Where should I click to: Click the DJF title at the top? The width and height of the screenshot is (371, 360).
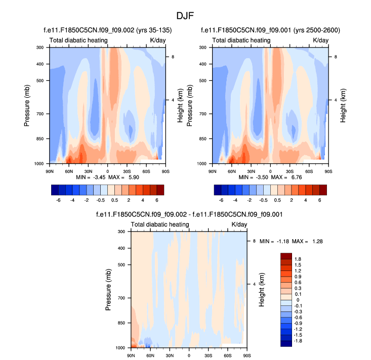click(x=185, y=15)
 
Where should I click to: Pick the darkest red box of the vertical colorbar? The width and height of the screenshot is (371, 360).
click(x=286, y=255)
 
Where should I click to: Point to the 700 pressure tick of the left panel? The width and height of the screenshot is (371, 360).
click(x=41, y=114)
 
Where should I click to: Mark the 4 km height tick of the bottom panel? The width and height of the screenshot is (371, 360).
click(x=254, y=284)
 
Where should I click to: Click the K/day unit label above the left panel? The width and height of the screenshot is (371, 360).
click(x=157, y=40)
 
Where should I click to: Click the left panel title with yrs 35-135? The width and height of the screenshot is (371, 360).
click(x=107, y=30)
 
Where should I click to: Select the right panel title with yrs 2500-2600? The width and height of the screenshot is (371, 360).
click(x=270, y=30)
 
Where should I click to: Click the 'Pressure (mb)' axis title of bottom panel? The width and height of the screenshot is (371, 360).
click(x=110, y=289)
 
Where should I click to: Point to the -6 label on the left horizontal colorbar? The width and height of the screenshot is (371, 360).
click(x=58, y=200)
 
